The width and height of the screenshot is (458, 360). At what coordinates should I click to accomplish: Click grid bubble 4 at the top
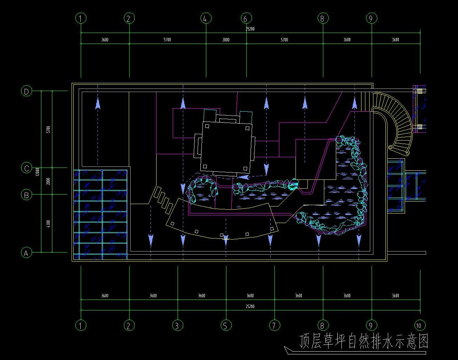(x=205, y=18)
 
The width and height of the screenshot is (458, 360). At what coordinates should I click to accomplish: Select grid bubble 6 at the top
(x=246, y=18)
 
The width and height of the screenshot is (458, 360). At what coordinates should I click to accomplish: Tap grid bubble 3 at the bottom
(x=177, y=325)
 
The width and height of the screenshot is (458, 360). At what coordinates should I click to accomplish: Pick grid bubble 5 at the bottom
(x=226, y=325)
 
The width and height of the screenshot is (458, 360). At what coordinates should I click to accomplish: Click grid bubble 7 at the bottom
(x=274, y=325)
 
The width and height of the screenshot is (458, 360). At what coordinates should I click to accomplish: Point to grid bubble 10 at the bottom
(x=420, y=325)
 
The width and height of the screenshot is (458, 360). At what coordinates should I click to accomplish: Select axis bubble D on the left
(x=26, y=91)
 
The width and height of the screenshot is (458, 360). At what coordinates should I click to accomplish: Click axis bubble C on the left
(x=26, y=168)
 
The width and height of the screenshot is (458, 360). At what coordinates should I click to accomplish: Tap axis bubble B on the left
(x=26, y=195)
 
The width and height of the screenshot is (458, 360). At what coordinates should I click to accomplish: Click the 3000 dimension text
(x=226, y=40)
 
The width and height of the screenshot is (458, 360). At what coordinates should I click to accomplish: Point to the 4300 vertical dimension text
(x=48, y=223)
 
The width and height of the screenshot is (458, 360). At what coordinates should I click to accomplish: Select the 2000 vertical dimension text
(x=48, y=181)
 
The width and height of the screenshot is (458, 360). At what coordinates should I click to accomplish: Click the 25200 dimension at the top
(x=250, y=29)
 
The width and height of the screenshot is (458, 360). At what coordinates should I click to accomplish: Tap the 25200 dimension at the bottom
(x=250, y=307)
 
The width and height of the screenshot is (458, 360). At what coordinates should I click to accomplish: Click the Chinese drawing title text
(x=364, y=341)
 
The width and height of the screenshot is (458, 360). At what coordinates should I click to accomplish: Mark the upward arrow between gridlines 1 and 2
(x=98, y=104)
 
